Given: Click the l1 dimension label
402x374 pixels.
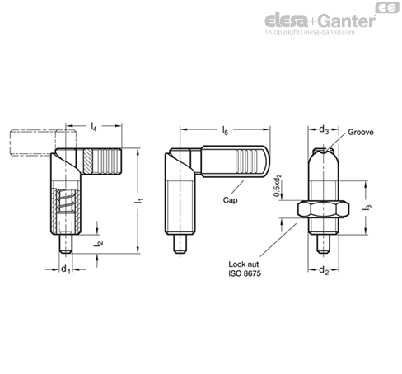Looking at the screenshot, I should click(x=142, y=200).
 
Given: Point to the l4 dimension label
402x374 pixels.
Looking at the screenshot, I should click(x=95, y=128).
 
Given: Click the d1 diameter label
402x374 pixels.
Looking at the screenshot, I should click(x=65, y=269).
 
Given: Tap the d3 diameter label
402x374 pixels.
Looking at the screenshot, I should click(x=324, y=129).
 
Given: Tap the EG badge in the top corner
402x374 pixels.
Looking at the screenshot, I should click(x=383, y=7).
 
